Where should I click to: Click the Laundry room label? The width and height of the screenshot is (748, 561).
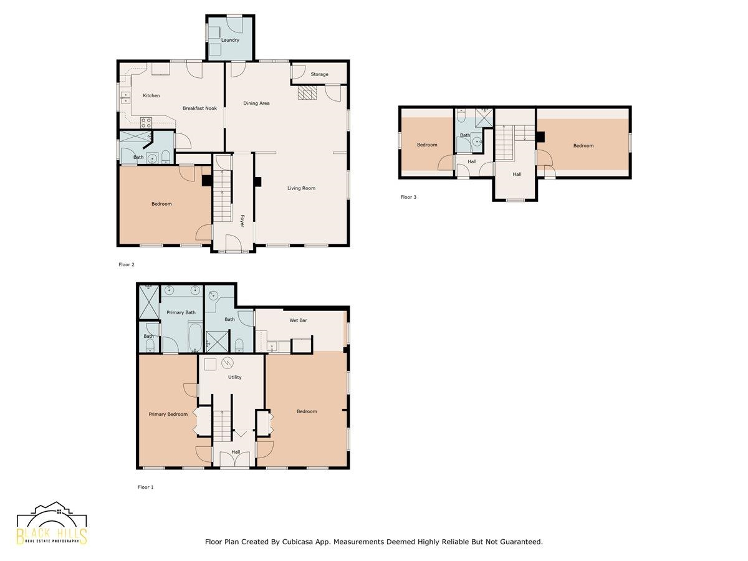230,40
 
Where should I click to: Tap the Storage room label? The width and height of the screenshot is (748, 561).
319,74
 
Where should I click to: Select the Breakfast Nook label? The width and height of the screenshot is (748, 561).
199,108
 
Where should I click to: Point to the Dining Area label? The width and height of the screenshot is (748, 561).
256,103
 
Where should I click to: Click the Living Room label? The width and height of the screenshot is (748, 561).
301,188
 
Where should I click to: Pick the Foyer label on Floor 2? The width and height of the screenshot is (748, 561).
242,221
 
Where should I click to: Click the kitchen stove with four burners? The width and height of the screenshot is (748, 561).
146,123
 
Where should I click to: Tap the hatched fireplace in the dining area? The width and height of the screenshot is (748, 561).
307,93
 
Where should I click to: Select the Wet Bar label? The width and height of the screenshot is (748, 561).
298,320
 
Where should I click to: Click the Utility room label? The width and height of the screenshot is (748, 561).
234,377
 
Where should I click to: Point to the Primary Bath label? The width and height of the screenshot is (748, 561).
181,312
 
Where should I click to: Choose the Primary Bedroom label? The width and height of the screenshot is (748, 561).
168,414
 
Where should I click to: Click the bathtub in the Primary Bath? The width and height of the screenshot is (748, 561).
195,337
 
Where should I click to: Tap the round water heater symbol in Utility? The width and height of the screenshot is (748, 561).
228,363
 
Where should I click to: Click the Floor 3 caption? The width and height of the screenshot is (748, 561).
408,197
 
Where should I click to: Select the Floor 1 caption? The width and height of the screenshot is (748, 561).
145,487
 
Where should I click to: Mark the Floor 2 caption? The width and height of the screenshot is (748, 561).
127,265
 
